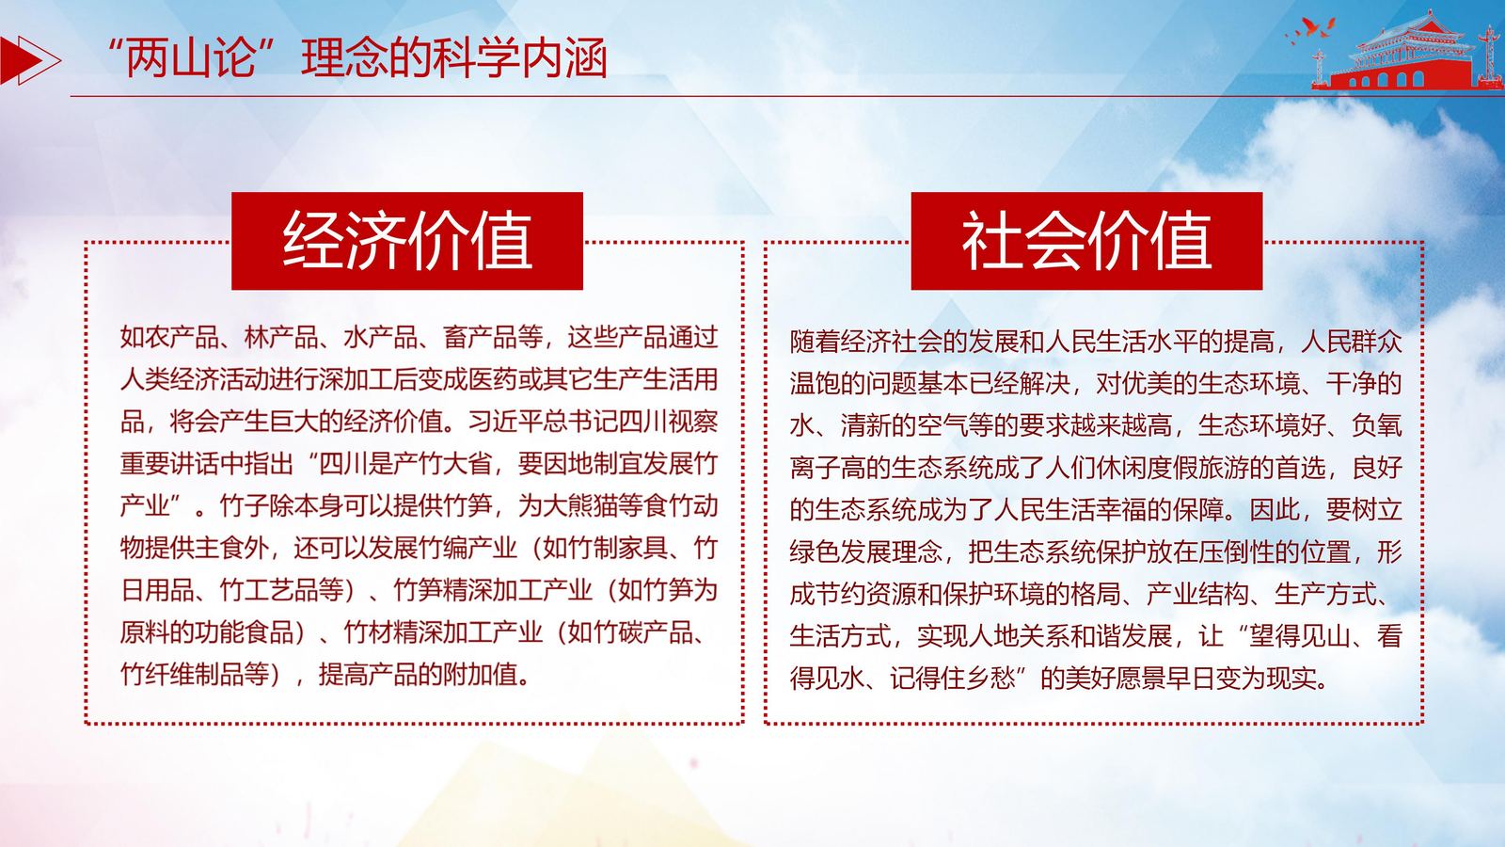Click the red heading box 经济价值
(x=407, y=241)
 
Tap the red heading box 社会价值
(x=1086, y=241)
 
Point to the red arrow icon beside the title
(x=29, y=60)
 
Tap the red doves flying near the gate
(x=1310, y=29)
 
